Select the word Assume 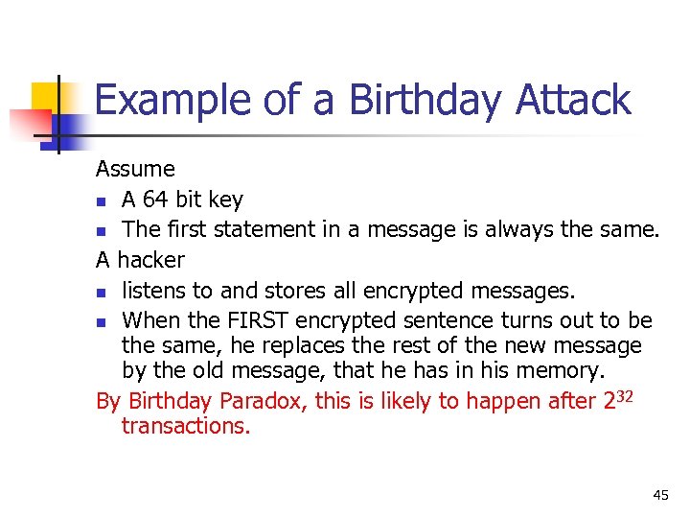point(135,170)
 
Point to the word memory point(563,371)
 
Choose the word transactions point(185,427)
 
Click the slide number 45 point(660,495)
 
